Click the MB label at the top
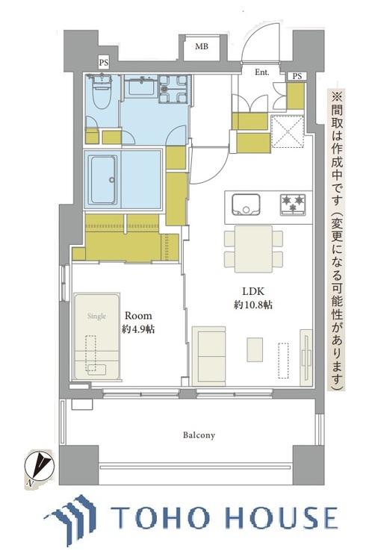(x=202, y=47)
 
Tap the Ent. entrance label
(x=262, y=72)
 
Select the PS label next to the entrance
(x=297, y=76)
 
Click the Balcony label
(x=197, y=435)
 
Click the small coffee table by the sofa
(x=255, y=349)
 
